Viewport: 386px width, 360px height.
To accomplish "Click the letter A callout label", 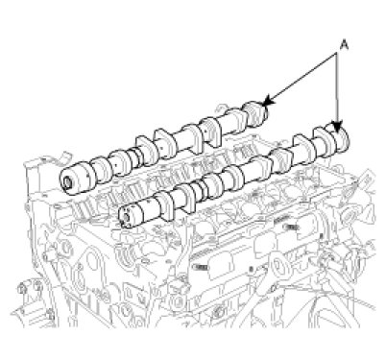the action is [x=344, y=44].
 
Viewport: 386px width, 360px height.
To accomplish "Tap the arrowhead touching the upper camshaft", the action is [x=268, y=100].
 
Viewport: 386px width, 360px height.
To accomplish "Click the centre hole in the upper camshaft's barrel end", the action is [x=68, y=183].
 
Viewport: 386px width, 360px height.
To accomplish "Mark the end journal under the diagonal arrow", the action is [x=255, y=114].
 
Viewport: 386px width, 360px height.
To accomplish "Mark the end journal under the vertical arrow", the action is [x=338, y=138].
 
